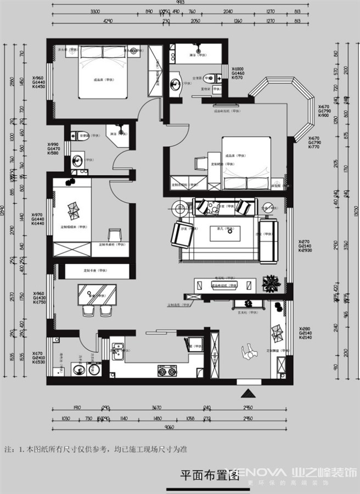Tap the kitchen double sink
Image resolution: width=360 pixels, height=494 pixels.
(118, 349)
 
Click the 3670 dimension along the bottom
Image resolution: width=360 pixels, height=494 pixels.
(157, 408)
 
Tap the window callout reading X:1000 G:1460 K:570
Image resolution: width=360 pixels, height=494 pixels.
(238, 72)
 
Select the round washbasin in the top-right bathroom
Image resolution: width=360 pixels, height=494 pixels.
(176, 84)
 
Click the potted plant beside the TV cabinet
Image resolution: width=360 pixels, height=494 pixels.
(271, 284)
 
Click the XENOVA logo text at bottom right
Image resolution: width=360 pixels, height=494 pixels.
(258, 472)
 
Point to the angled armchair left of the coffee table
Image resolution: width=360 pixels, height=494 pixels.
(181, 234)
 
